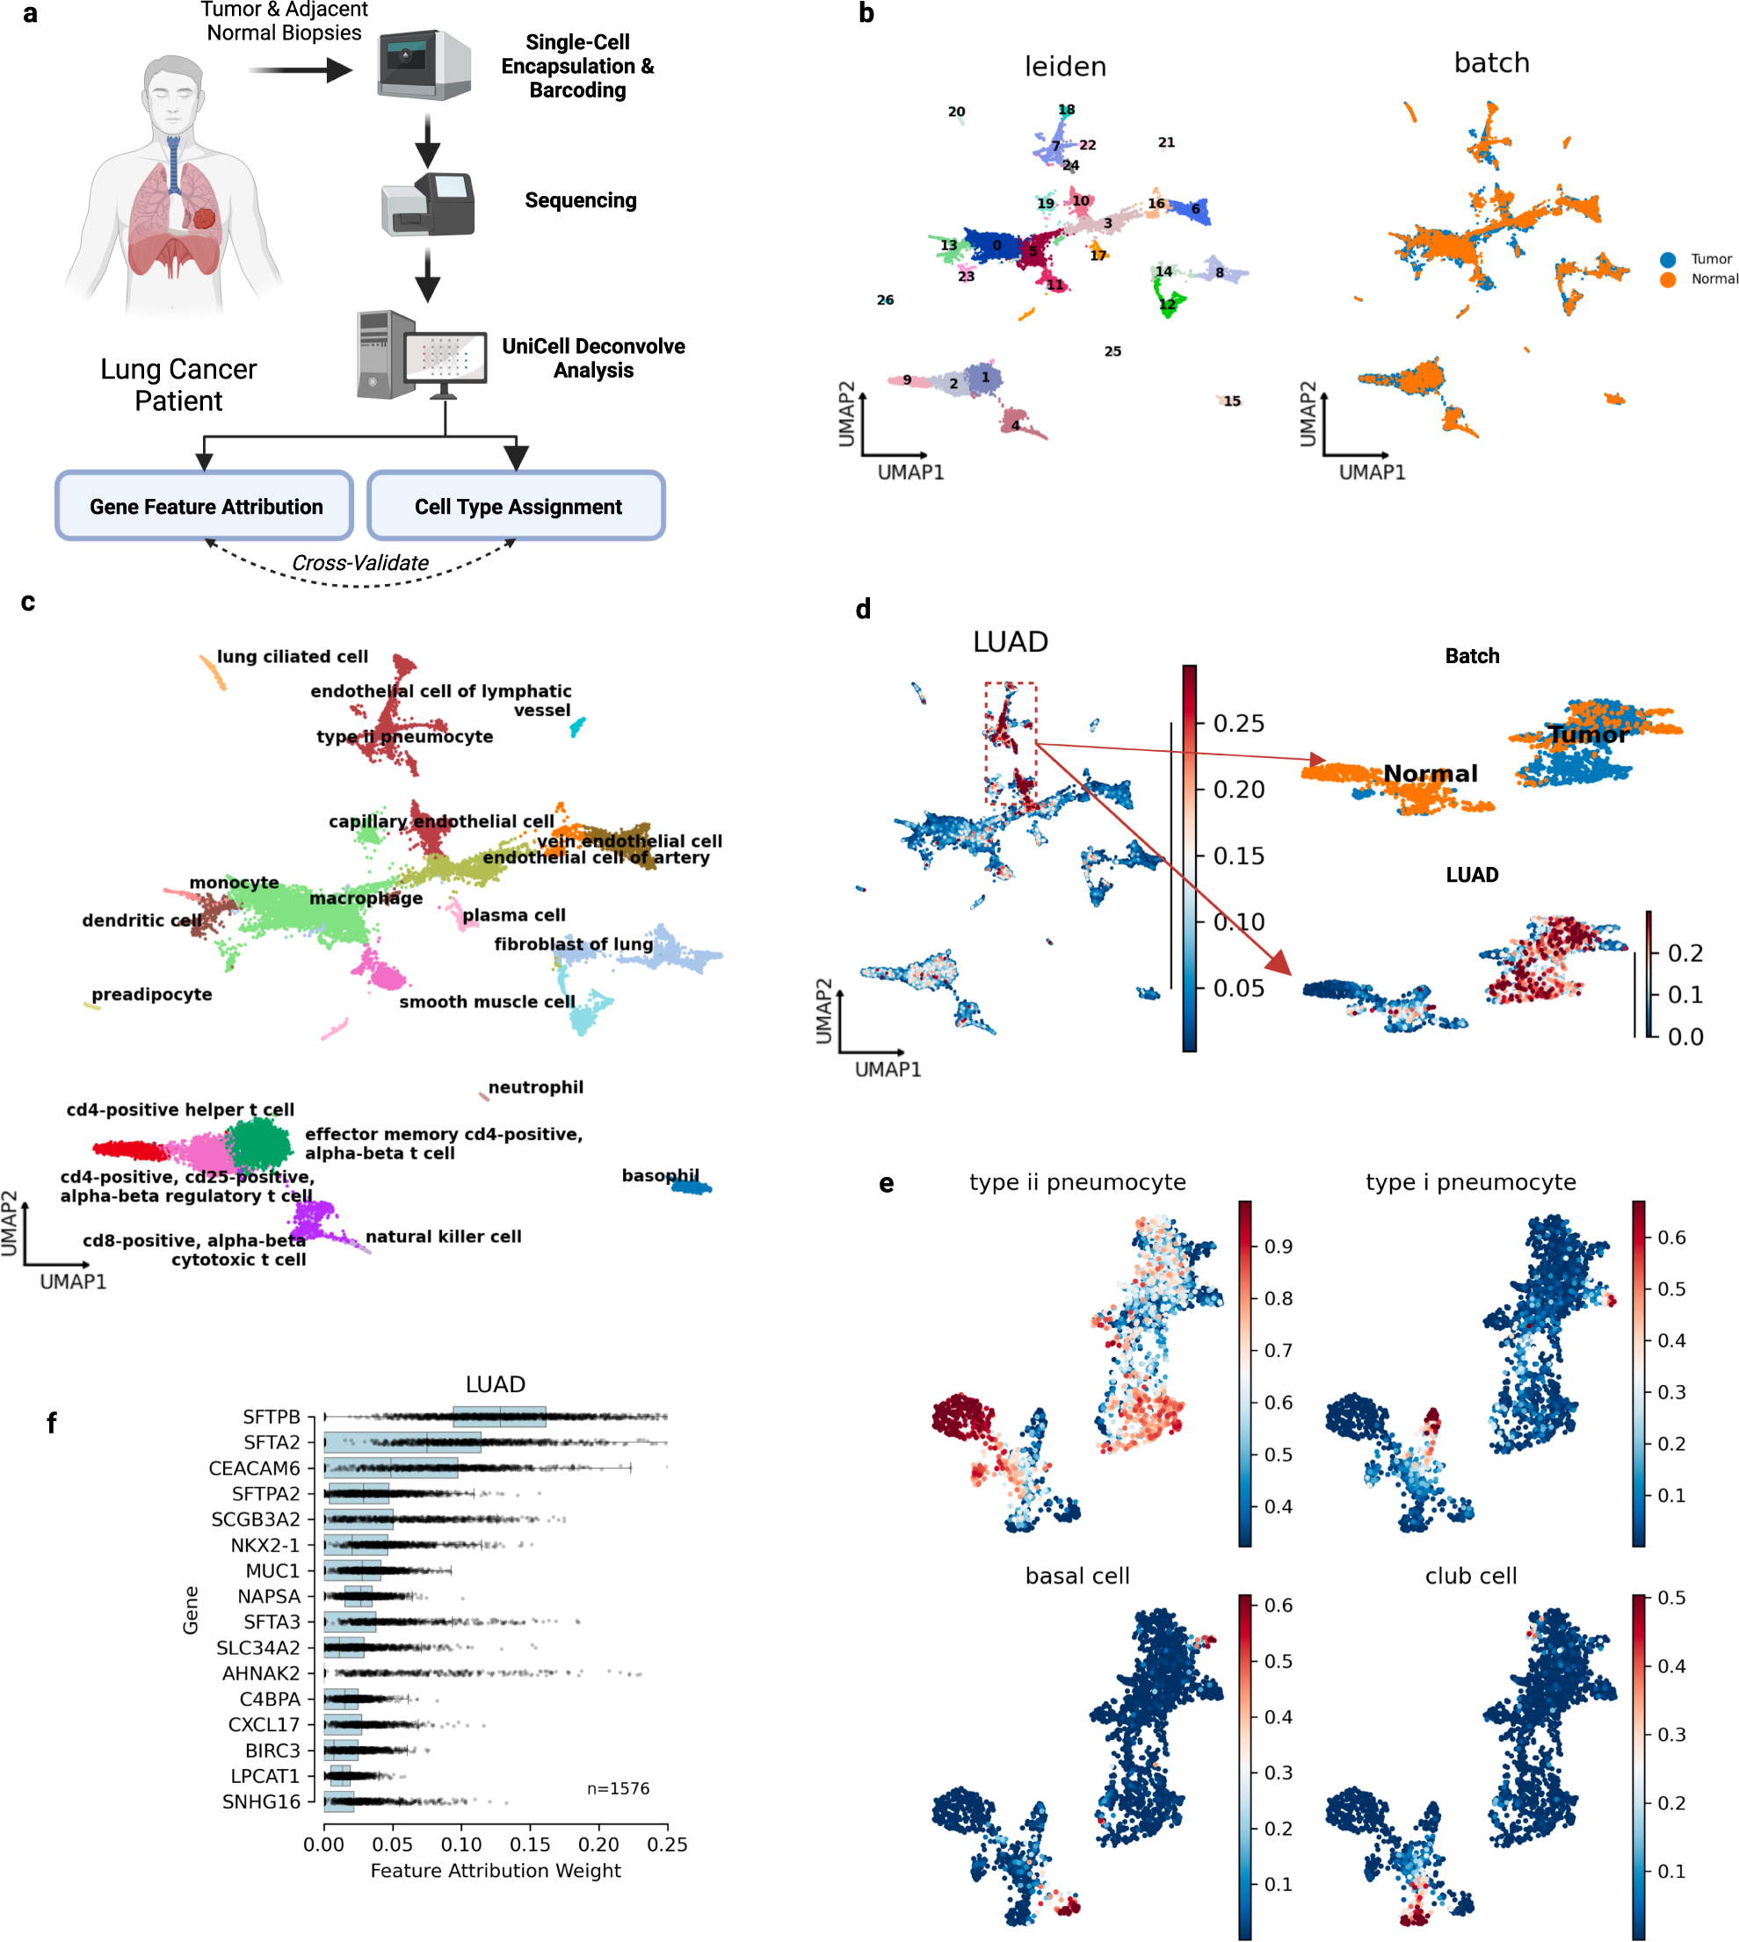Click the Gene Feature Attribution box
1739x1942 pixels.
click(x=205, y=506)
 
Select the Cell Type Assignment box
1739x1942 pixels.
click(x=516, y=506)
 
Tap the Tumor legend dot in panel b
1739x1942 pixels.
click(x=1667, y=260)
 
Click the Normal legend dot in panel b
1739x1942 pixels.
click(x=1667, y=280)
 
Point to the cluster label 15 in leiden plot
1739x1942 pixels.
click(x=1232, y=401)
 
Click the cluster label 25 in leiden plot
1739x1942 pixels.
click(x=1112, y=351)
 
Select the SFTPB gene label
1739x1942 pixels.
click(x=272, y=1417)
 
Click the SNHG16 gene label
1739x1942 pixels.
click(x=261, y=1801)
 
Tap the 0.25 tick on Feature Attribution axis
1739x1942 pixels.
click(x=667, y=1845)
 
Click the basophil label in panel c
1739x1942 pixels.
click(x=660, y=1175)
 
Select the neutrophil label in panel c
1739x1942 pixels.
click(x=535, y=1087)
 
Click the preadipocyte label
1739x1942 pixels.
click(x=152, y=994)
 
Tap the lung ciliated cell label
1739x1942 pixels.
click(x=292, y=656)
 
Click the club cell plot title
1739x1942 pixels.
click(x=1470, y=1576)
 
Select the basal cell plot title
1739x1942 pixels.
click(x=1076, y=1576)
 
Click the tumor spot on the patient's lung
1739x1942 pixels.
click(x=205, y=218)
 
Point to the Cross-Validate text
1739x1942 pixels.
click(x=360, y=563)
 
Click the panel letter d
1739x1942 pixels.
click(x=863, y=610)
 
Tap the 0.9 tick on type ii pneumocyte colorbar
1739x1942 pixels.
click(x=1278, y=1246)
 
